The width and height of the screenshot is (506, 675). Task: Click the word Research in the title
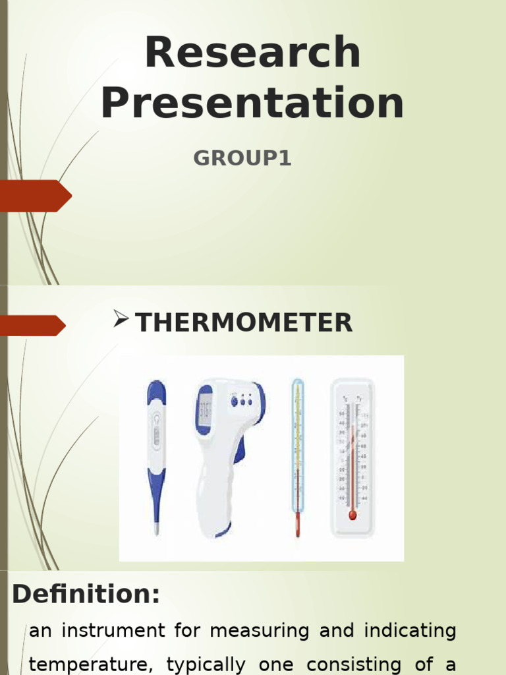point(252,53)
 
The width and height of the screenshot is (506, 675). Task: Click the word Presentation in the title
point(252,103)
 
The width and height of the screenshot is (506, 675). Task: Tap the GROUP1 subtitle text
point(242,159)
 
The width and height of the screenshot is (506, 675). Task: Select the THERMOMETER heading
point(244,323)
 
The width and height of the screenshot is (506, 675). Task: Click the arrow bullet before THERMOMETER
point(121,321)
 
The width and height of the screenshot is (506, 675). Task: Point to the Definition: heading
point(86,595)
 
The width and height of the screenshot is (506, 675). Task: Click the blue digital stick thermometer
point(156,448)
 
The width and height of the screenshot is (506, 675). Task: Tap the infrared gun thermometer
point(227,448)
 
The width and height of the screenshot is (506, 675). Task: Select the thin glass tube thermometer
point(298,455)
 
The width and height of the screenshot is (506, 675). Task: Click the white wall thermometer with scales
point(352,455)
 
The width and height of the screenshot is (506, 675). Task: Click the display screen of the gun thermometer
point(205,409)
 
